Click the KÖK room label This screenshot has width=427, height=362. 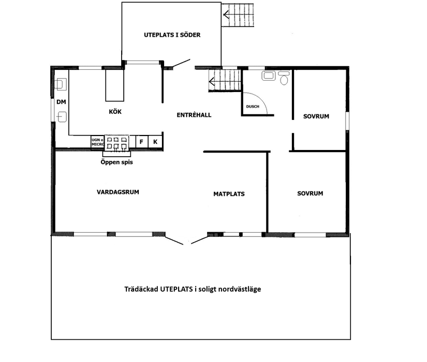[x=115, y=112]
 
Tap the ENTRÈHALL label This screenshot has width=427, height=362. [x=194, y=115]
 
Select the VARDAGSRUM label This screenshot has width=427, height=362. [x=118, y=192]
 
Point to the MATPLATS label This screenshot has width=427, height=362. [x=229, y=194]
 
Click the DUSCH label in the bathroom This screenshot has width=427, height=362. [x=252, y=107]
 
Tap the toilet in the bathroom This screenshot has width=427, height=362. [x=283, y=78]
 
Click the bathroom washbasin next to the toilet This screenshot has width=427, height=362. [x=268, y=76]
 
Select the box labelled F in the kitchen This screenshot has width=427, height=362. [x=141, y=142]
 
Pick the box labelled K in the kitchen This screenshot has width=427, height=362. [x=155, y=142]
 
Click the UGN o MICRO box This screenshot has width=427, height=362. [x=97, y=142]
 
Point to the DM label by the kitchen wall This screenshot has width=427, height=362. [x=61, y=101]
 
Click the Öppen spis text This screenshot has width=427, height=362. [x=116, y=161]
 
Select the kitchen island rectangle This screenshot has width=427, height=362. [x=115, y=85]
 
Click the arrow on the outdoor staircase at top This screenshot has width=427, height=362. [x=226, y=16]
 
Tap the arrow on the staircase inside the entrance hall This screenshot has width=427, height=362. [x=212, y=80]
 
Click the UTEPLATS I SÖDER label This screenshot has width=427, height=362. [x=172, y=35]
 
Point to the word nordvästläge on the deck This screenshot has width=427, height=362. [x=239, y=289]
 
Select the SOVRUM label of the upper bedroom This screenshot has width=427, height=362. [x=316, y=116]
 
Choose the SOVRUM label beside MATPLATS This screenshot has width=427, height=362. [x=310, y=193]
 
